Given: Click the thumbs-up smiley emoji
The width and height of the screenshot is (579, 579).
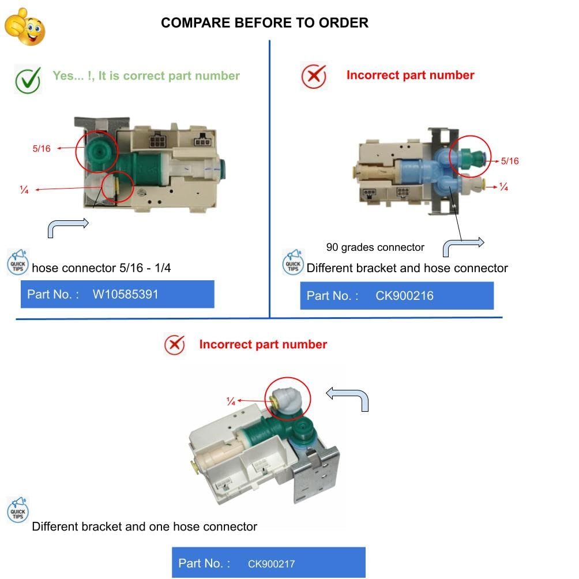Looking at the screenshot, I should [x=25, y=26].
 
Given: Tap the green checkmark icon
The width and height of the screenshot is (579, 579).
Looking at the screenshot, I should [x=27, y=80].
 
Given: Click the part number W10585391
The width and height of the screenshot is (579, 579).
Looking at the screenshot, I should [x=125, y=294].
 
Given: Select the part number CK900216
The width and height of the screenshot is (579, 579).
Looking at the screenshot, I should [x=404, y=296].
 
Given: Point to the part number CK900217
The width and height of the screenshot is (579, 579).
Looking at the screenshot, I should [x=272, y=563].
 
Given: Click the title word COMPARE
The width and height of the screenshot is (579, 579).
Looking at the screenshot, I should [x=195, y=23].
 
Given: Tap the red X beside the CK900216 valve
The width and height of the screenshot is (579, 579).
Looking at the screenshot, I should [x=314, y=76].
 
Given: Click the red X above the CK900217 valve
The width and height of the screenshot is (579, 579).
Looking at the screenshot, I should [x=174, y=345].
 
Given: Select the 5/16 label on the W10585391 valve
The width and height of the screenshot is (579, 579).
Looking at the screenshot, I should [x=42, y=149].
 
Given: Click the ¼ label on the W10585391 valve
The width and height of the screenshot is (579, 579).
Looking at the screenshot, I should [x=24, y=190].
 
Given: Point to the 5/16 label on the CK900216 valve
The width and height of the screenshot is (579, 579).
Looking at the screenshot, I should [x=510, y=161].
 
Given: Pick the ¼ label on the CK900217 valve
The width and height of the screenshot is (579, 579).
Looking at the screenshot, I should [x=231, y=401].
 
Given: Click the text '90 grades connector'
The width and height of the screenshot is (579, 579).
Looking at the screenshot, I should [x=375, y=247].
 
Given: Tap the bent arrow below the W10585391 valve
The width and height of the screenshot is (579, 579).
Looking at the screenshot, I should [x=67, y=227].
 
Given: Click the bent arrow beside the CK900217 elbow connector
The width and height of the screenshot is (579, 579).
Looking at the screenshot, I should [x=347, y=398].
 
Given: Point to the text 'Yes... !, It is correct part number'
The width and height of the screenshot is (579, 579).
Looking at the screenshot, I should [x=146, y=76].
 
